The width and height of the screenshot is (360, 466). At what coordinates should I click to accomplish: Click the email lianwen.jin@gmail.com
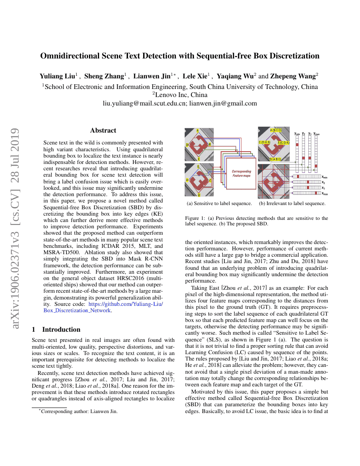coord(223,103)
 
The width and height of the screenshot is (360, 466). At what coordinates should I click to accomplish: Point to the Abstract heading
coord(103,130)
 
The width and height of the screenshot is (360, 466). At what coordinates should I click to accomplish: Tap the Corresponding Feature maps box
coord(241,173)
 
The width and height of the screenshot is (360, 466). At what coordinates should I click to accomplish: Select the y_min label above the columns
coord(297,133)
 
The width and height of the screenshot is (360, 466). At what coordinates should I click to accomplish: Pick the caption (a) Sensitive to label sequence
coord(219,203)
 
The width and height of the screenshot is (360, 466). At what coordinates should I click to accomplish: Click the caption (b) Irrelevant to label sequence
coord(292,203)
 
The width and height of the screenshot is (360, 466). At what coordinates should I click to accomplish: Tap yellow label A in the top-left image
coord(197,130)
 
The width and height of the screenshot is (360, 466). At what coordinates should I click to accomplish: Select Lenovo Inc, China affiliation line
coord(180,95)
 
